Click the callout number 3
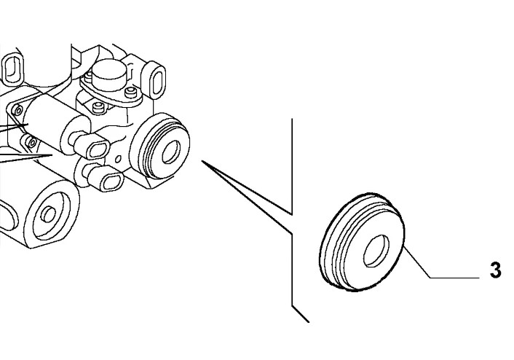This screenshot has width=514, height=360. click(x=495, y=270)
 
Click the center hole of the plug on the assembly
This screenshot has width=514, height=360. click(x=171, y=152)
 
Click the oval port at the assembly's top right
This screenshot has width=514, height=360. click(x=158, y=80)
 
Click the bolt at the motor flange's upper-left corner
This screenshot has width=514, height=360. click(x=17, y=109)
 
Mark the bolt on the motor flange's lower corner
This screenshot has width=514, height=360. click(x=32, y=142)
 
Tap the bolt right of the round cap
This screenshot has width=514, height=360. click(x=131, y=93)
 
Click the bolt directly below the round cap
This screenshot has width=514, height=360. click(x=97, y=106)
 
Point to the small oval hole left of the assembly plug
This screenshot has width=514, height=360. click(x=118, y=159)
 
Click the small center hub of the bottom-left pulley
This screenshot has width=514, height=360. click(x=50, y=214)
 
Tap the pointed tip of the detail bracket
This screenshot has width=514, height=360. click(x=202, y=161)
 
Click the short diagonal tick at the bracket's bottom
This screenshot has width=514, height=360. click(x=301, y=314)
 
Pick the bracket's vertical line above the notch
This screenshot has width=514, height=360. click(x=292, y=166)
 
